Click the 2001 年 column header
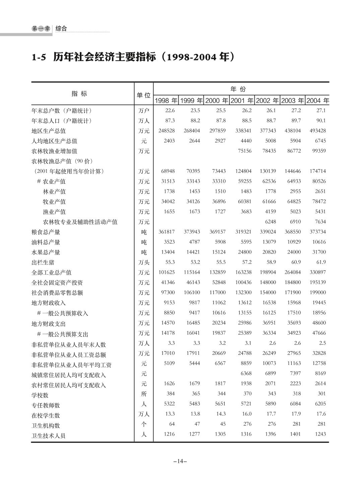point(242,101)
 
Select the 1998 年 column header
point(166,101)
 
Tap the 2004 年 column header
point(317,101)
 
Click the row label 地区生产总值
point(49,131)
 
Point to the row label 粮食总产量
point(46,232)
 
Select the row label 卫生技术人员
point(49,436)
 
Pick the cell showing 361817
point(167,232)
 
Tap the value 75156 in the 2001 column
point(244,151)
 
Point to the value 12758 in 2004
point(319,363)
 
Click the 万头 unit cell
point(144,263)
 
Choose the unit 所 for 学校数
point(144,394)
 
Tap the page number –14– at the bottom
point(180,461)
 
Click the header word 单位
point(143,95)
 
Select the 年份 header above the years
point(238,89)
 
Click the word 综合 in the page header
point(61,29)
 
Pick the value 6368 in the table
point(246,374)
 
